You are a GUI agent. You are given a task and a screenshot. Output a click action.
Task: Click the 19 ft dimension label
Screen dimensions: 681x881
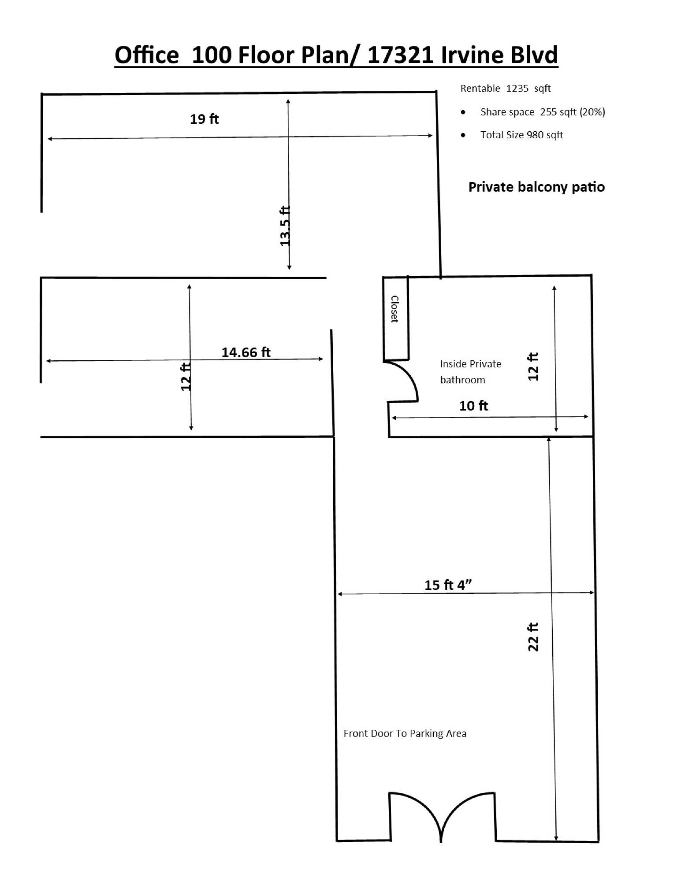204,119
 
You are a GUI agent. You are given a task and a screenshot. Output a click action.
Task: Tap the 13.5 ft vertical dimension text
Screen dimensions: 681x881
285,226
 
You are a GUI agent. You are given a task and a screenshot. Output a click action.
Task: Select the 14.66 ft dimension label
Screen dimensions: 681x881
246,352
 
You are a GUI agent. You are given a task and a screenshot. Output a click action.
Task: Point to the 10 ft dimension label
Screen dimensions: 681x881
473,406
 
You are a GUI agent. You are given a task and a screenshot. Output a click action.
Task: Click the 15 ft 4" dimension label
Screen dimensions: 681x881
448,585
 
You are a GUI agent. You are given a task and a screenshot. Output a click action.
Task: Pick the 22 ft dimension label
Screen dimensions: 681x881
533,637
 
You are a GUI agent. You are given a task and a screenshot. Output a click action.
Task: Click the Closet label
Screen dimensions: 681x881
395,309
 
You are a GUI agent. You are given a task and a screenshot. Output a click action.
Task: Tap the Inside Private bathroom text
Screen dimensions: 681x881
471,372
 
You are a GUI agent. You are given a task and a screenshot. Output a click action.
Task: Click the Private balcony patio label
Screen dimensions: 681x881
536,187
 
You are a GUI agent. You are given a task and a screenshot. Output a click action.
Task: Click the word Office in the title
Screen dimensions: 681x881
147,55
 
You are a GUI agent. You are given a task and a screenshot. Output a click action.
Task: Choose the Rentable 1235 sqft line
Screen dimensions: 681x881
506,89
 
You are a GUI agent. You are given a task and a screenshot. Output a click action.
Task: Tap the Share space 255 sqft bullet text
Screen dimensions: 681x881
543,112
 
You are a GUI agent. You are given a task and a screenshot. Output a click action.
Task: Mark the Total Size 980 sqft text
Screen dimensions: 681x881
522,135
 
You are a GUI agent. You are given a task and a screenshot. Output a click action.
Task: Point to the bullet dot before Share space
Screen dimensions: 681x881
463,112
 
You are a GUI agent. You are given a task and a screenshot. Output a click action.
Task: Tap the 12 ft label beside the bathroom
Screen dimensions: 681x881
533,366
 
